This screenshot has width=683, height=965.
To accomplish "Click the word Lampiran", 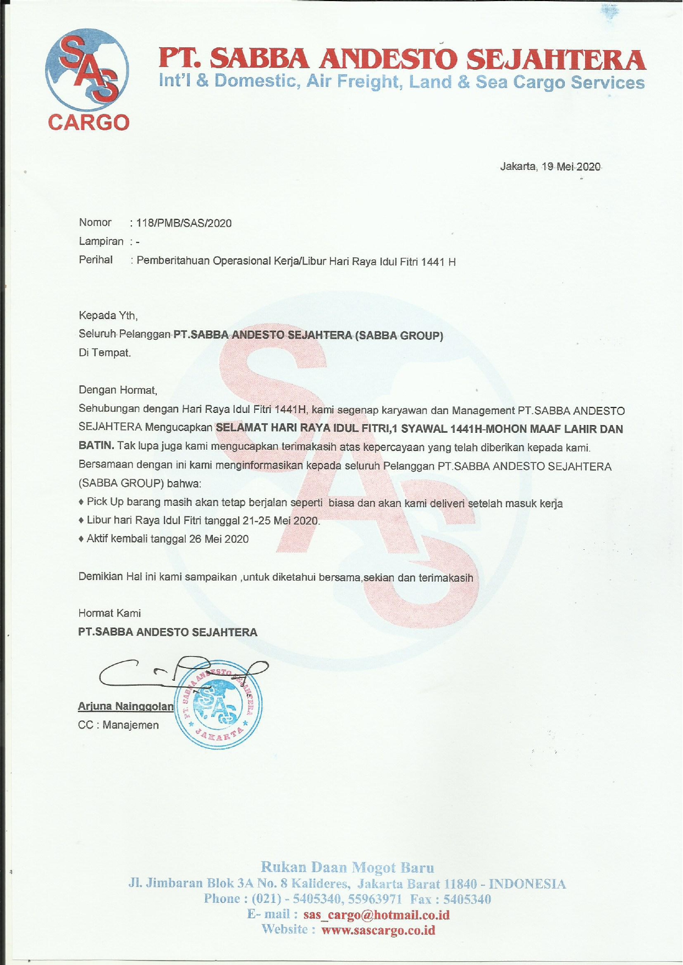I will tap(101, 241).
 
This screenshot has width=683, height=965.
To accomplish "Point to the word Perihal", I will tap(96, 260).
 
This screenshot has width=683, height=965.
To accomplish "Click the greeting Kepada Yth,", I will tap(108, 316).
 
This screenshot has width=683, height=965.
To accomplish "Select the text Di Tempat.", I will tap(105, 353).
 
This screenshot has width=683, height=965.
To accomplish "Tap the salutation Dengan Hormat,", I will tap(118, 390).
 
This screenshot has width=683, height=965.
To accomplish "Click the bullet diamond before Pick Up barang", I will tap(81, 503).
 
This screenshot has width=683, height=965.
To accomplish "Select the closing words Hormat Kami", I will tap(109, 613).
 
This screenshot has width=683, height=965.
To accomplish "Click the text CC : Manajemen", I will tap(119, 725).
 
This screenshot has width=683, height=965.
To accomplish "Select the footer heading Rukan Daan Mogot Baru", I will tap(347, 868).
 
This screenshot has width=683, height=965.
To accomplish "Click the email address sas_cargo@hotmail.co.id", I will tap(376, 915).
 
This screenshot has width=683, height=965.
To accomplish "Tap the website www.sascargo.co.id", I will tap(378, 930).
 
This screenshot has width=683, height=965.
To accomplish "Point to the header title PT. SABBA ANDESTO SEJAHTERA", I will tap(402, 59).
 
